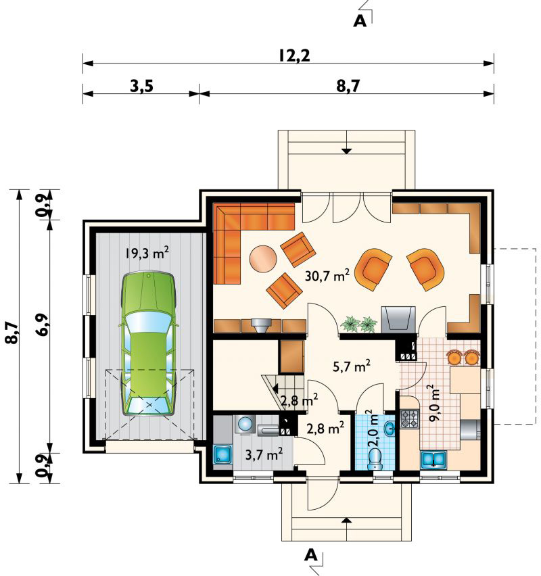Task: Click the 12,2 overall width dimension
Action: [293, 56]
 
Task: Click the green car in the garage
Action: [149, 343]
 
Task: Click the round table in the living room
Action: [262, 258]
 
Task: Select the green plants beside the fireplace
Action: [358, 325]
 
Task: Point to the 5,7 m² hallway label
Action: [352, 366]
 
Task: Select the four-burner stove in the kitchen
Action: [410, 419]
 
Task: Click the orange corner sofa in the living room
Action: [243, 233]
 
